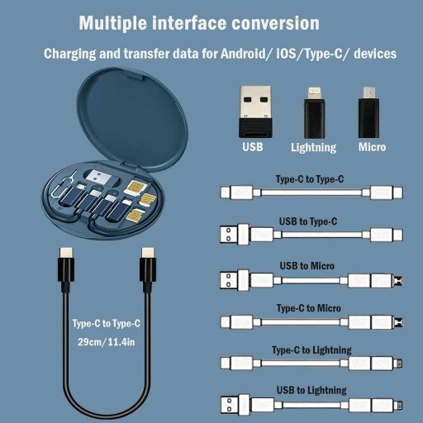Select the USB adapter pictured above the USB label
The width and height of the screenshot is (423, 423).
point(253,110)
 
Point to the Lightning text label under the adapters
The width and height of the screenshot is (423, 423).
point(313,148)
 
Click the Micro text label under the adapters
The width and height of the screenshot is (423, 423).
point(371,148)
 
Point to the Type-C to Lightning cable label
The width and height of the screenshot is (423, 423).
point(311,350)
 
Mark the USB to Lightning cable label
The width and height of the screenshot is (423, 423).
point(311,390)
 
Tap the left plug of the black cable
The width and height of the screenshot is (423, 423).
point(65,262)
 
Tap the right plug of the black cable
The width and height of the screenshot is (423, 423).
point(147,262)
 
